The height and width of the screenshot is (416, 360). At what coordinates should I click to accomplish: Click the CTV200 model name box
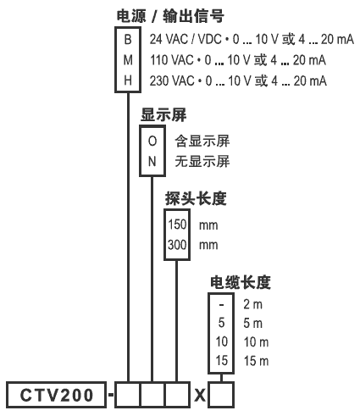point(57,395)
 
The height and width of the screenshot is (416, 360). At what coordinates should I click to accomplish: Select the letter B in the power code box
point(128,40)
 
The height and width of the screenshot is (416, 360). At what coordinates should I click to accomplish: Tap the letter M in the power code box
point(128,60)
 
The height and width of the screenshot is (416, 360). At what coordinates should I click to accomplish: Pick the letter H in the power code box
point(128,80)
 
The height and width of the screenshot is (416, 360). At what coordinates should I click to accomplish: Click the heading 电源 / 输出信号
point(170,16)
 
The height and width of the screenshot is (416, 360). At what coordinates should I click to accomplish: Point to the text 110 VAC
point(172,60)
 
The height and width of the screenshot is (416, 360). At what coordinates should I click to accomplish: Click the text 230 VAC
point(172,81)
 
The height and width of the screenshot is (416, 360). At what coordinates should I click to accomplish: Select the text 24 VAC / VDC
point(186,39)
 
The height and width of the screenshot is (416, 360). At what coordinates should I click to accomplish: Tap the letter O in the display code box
point(152,141)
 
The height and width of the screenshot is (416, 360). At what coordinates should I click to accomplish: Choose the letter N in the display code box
point(152,162)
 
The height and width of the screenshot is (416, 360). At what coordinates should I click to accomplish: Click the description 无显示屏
point(202,162)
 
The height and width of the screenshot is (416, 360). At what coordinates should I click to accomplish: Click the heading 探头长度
point(196,199)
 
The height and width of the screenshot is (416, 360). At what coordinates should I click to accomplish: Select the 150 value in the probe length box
point(177,225)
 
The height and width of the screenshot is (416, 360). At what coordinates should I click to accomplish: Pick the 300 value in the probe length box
point(177,245)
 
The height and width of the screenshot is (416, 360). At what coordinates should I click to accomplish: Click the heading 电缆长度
point(241,282)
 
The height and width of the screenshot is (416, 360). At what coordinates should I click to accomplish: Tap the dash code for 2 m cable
point(221,305)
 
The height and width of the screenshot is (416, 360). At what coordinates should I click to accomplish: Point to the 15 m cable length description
point(256,361)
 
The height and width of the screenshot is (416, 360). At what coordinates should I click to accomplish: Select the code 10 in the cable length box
point(221,341)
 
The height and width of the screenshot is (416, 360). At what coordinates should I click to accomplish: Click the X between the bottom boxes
point(200,395)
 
